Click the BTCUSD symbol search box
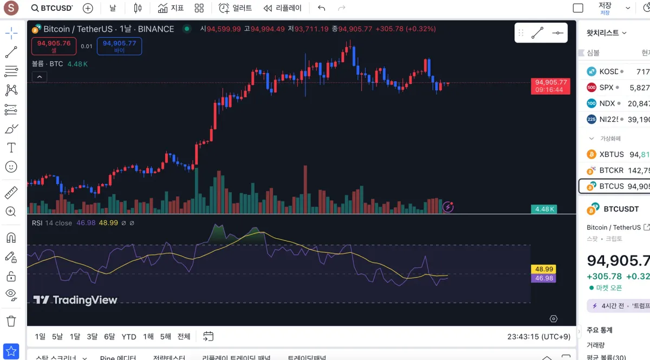pyautogui.click(x=52, y=8)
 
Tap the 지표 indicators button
pyautogui.click(x=171, y=8)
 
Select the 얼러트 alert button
pyautogui.click(x=236, y=8)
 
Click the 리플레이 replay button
pyautogui.click(x=282, y=8)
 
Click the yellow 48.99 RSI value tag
pyautogui.click(x=543, y=269)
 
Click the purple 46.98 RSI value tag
pyautogui.click(x=543, y=278)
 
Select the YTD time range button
pyautogui.click(x=129, y=337)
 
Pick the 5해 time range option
pyautogui.click(x=166, y=337)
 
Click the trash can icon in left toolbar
pyautogui.click(x=11, y=321)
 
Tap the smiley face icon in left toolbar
pyautogui.click(x=11, y=167)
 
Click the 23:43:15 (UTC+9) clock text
pyautogui.click(x=538, y=337)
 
